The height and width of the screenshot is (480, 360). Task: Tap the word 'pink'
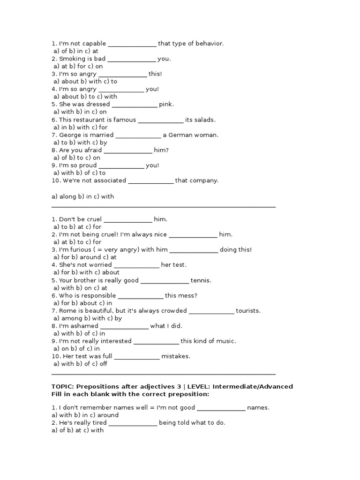pyautogui.click(x=166, y=104)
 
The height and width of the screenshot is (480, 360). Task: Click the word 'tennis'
pyautogui.click(x=201, y=280)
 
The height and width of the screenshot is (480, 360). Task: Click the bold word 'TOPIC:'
pyautogui.click(x=63, y=387)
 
